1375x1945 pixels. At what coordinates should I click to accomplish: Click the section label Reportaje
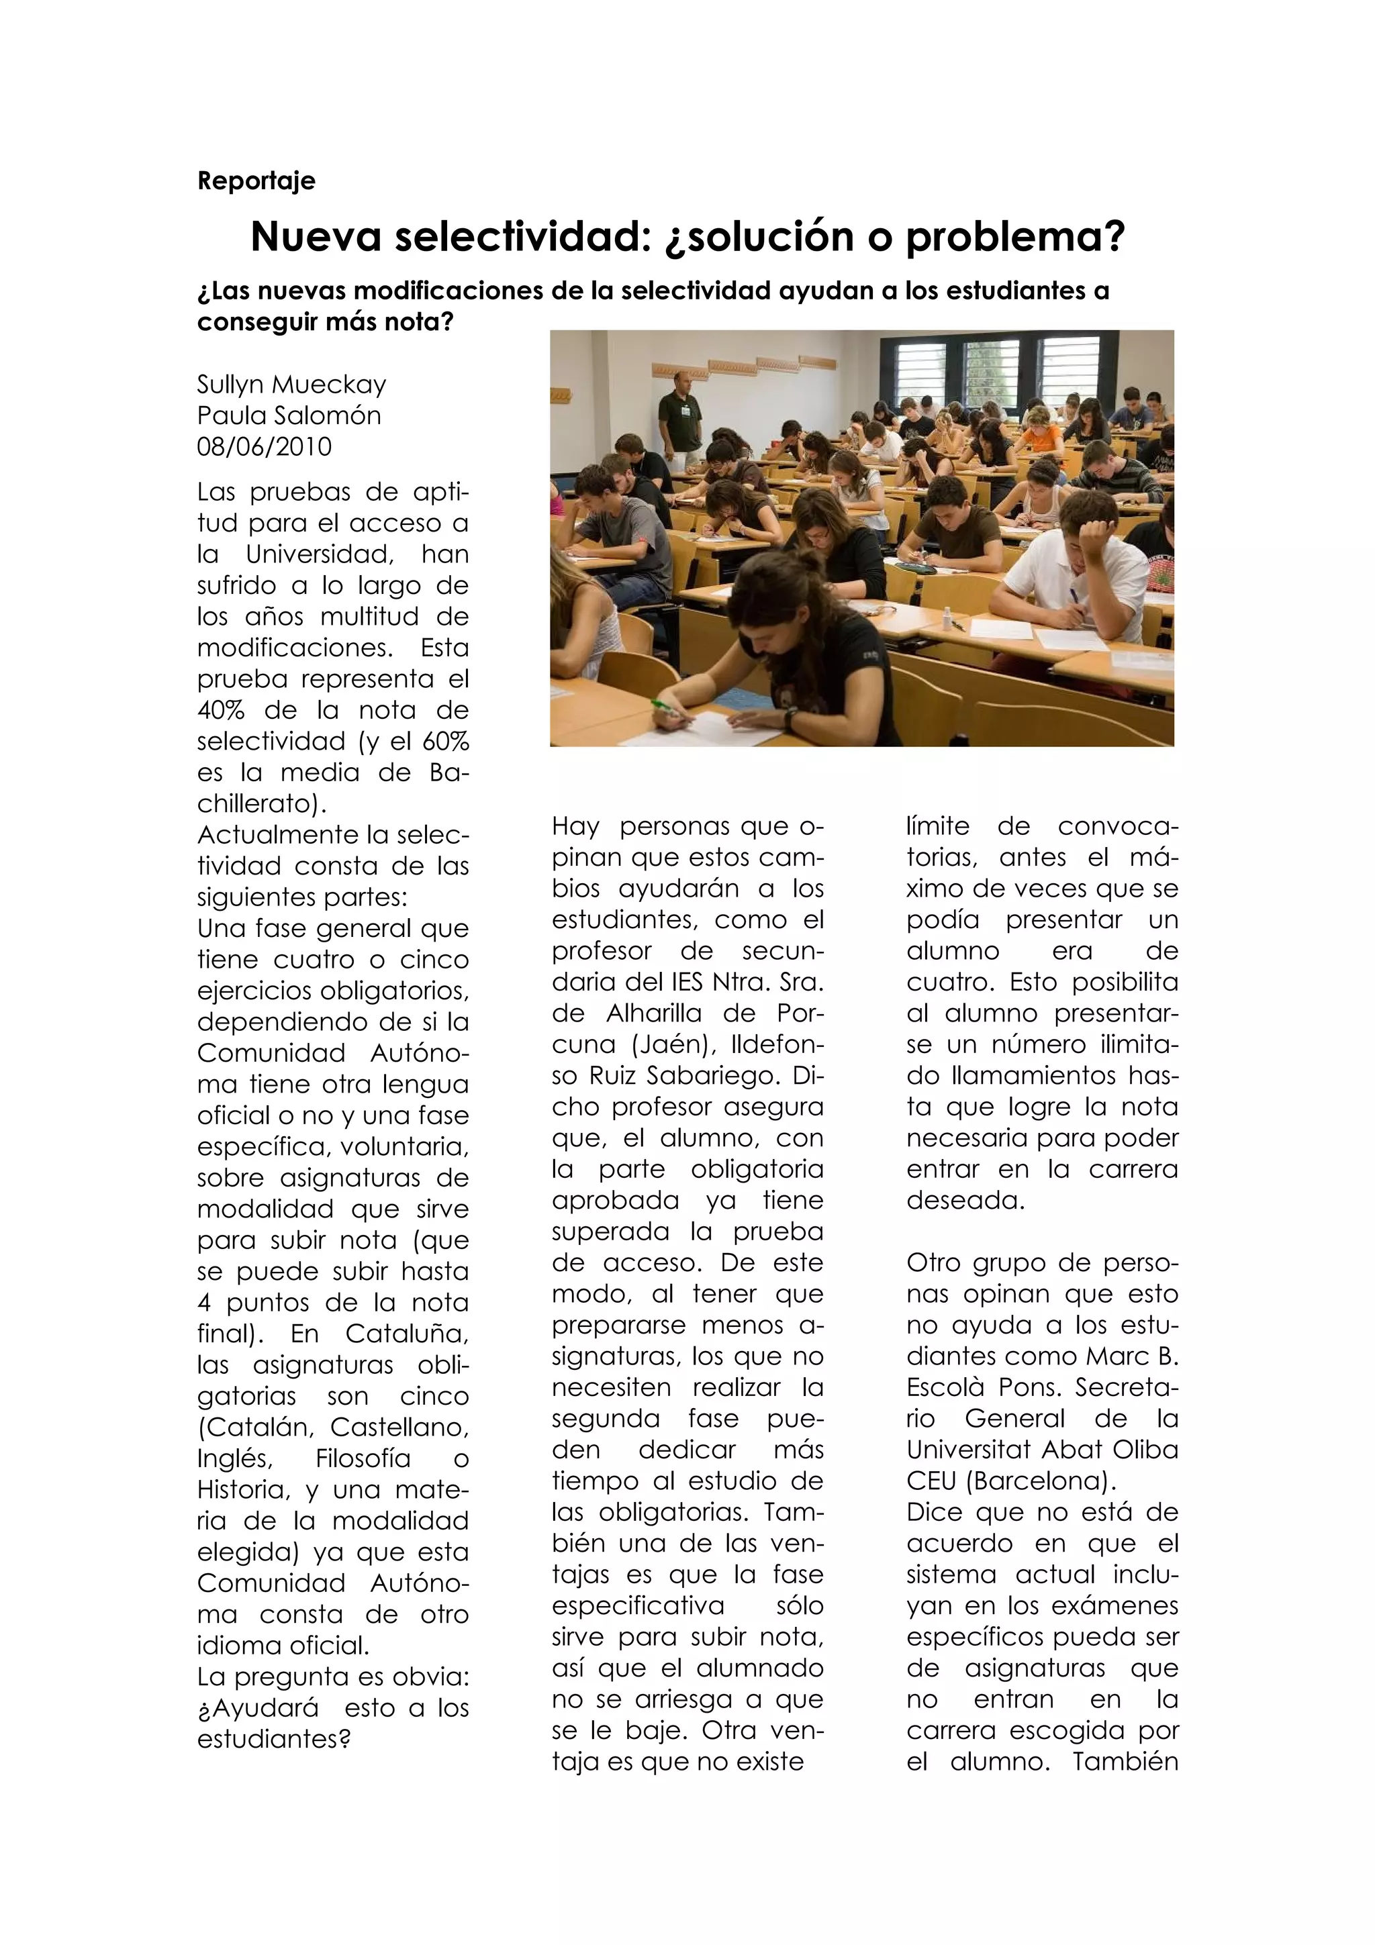pos(256,181)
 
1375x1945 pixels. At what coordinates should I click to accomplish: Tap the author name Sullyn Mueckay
pos(291,385)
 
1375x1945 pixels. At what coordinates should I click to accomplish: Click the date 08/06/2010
pos(265,447)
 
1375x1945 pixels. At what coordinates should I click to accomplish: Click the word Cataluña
pos(407,1334)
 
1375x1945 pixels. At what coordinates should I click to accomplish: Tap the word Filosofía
pos(363,1458)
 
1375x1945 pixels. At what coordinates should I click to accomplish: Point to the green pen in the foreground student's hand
pos(665,705)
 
